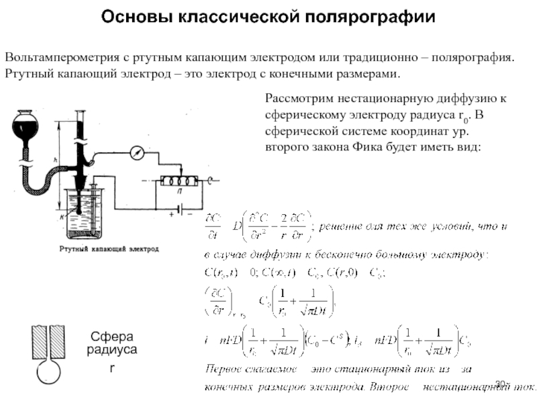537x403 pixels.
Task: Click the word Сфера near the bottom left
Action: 112,337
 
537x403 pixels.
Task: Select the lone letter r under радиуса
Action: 111,369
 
